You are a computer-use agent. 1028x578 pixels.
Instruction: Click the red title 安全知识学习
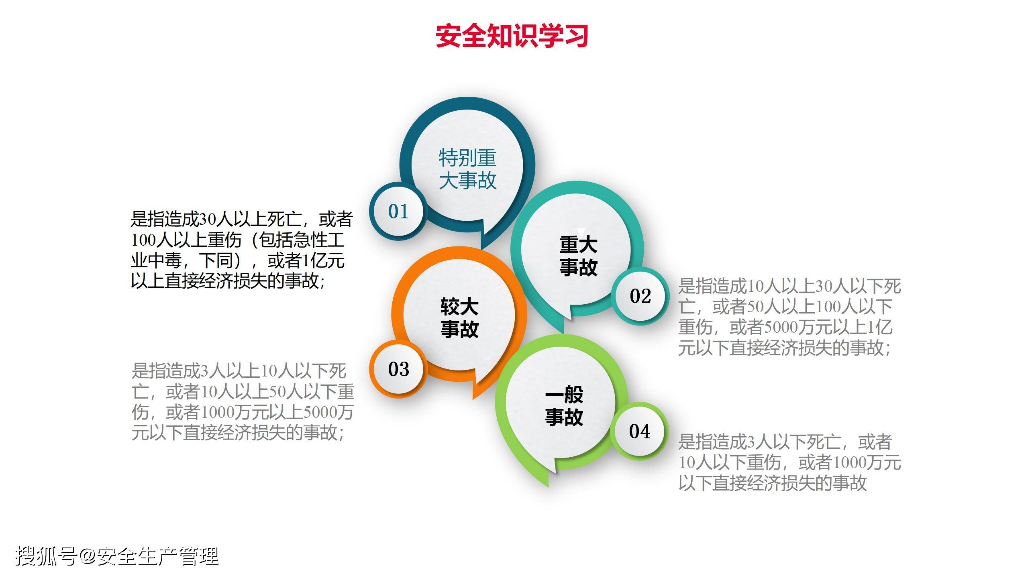coord(512,36)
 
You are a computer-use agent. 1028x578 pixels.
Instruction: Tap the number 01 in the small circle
coord(398,212)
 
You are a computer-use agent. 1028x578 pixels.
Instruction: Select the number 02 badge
coord(640,296)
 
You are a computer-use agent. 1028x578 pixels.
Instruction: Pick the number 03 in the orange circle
coord(398,369)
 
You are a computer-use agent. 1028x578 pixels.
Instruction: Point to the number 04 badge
coord(639,431)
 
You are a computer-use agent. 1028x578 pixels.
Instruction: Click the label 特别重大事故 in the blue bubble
coord(468,169)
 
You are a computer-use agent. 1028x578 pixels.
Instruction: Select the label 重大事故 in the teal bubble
coord(578,256)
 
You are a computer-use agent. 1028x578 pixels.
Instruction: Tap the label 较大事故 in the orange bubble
coord(459,317)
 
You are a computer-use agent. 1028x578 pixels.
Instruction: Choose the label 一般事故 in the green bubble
coord(564,406)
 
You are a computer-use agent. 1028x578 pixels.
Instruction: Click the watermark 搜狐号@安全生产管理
coord(117,556)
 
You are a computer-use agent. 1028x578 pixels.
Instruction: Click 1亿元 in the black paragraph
coord(323,261)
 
